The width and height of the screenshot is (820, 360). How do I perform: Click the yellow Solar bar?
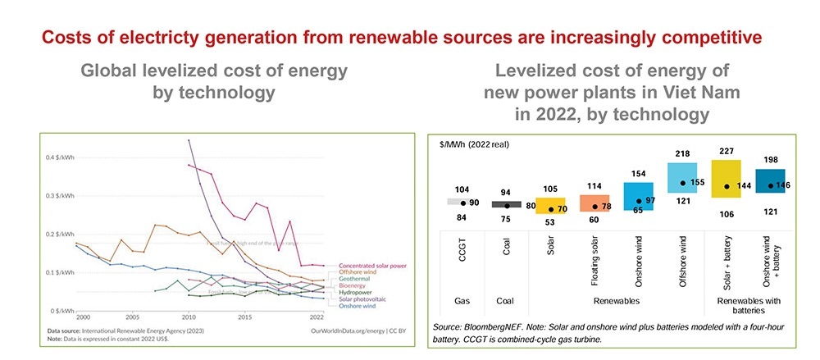point(551,205)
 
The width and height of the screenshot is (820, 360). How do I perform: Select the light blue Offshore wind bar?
point(682,177)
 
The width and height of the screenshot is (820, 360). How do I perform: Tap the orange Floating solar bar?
point(595,203)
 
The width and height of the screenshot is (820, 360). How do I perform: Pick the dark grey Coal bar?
point(506,204)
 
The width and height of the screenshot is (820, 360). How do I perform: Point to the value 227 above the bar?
point(727,150)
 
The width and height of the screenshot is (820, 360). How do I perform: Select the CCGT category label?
point(462,256)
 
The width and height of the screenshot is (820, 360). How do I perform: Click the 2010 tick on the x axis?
point(188,317)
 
